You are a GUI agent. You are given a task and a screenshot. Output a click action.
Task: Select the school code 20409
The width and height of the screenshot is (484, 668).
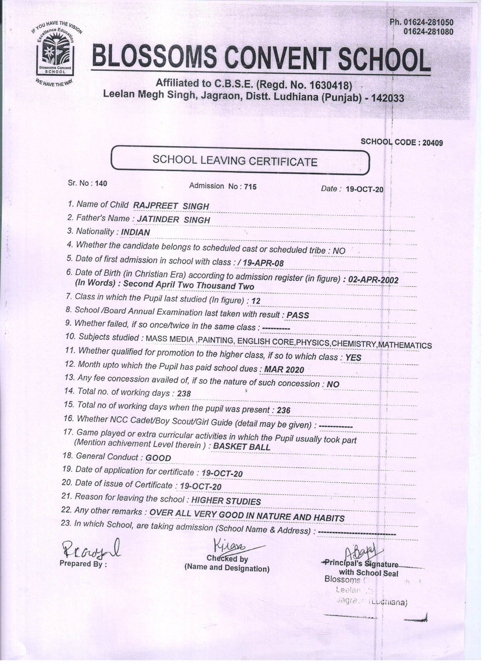(433, 143)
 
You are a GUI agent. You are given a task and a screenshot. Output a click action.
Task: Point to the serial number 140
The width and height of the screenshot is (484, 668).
(101, 183)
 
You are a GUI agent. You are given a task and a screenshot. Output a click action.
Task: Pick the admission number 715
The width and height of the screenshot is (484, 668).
(250, 187)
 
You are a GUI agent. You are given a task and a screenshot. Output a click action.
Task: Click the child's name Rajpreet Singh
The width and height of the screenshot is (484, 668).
(171, 206)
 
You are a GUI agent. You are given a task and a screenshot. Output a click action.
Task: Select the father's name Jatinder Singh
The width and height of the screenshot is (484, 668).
(174, 220)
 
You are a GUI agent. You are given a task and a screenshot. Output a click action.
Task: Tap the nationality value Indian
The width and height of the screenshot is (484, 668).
(135, 232)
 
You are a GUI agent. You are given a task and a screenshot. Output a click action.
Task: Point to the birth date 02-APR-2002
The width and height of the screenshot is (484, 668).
(373, 279)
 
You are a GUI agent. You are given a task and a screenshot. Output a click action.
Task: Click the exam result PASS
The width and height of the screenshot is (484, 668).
(298, 315)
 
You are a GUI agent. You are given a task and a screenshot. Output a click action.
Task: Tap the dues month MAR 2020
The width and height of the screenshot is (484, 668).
(284, 369)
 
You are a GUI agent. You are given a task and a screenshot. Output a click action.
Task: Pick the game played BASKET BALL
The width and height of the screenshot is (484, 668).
(241, 447)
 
